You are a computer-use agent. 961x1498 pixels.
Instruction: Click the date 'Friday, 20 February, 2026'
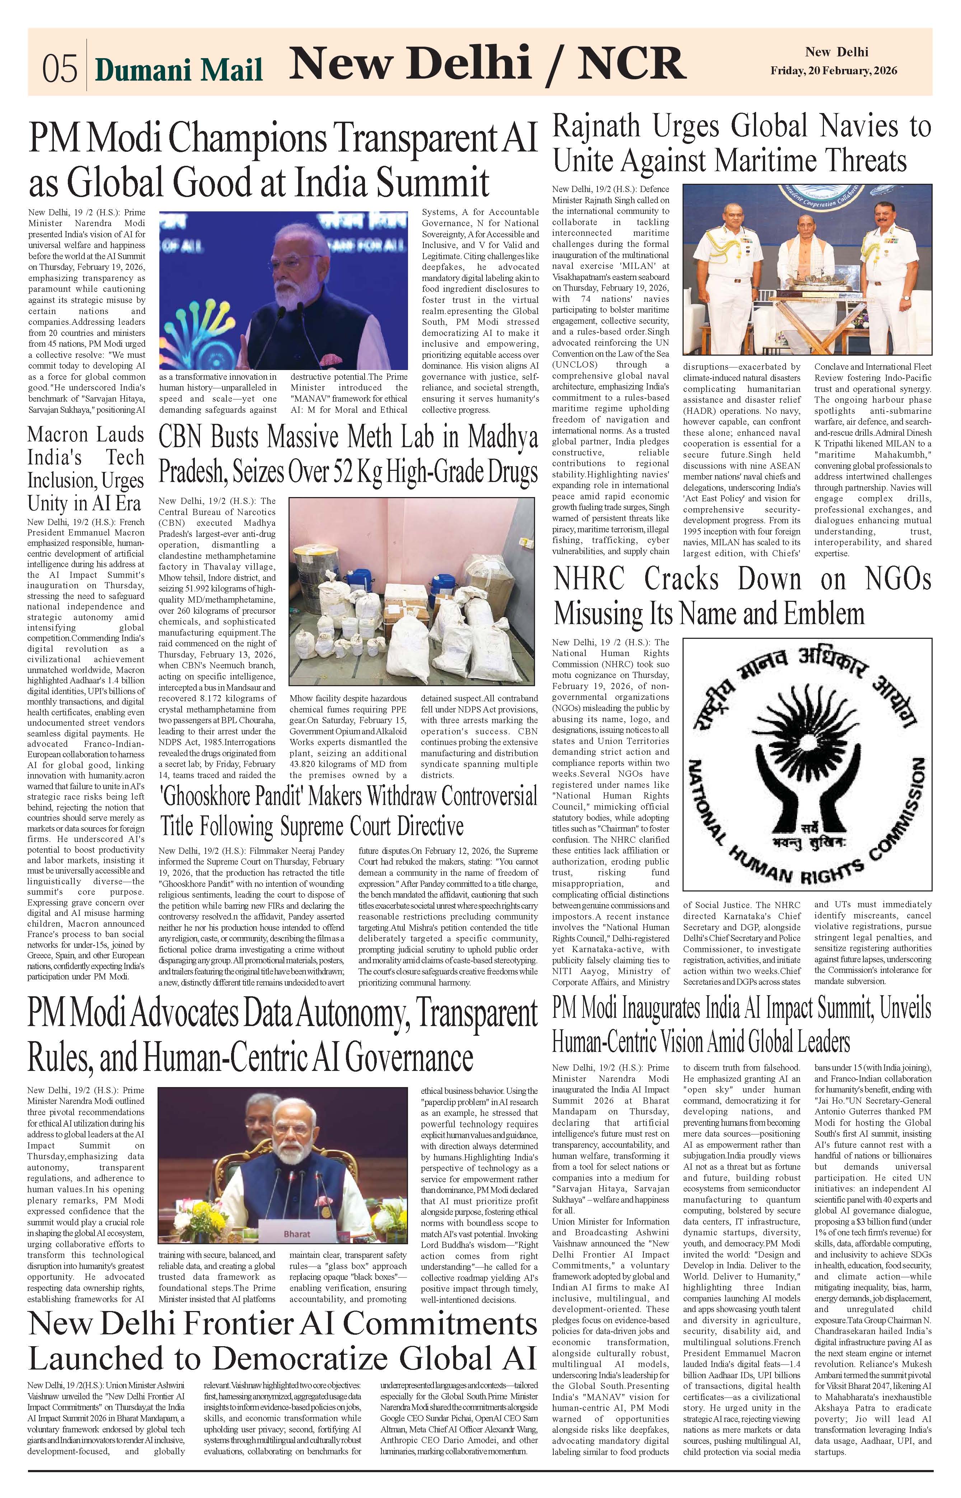834,70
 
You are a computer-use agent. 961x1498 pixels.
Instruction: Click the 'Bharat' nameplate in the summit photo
296,1233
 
